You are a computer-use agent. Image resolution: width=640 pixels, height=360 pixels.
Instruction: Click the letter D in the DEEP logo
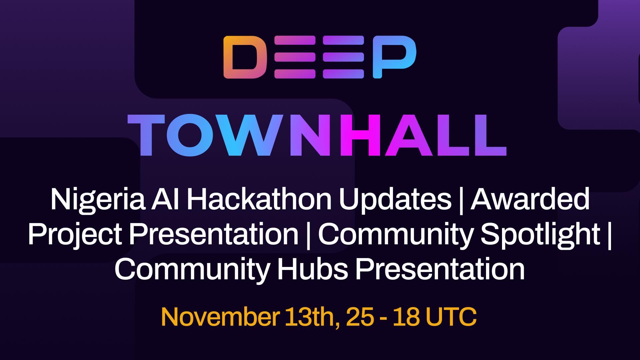click(x=245, y=57)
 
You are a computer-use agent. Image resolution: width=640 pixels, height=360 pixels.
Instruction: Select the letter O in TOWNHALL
click(x=190, y=135)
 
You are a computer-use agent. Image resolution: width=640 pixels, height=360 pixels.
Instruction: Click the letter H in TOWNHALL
click(x=360, y=135)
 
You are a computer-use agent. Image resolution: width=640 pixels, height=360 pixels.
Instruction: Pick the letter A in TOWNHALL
click(x=409, y=135)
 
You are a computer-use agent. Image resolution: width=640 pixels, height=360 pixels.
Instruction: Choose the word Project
click(x=75, y=235)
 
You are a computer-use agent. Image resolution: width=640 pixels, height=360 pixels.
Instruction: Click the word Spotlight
click(x=540, y=235)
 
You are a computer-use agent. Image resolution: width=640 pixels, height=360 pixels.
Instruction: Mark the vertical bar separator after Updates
click(x=461, y=200)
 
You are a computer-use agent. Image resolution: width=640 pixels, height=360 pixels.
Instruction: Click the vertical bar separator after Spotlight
click(x=610, y=235)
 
